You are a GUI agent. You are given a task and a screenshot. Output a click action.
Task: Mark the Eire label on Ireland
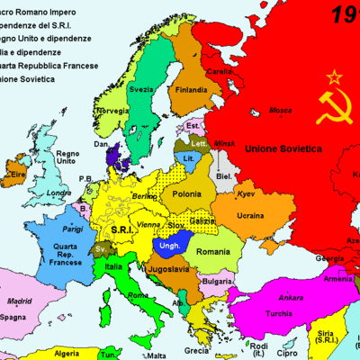[16, 174]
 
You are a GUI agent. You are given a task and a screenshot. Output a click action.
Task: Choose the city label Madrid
[20, 301]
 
